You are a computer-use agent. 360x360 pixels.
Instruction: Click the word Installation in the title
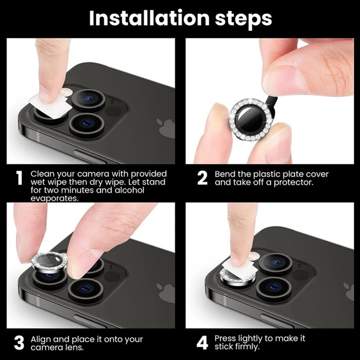click(149, 18)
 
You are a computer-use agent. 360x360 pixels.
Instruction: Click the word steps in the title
click(243, 19)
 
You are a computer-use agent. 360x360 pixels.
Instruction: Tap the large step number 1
click(20, 178)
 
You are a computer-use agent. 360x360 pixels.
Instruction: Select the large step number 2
click(202, 178)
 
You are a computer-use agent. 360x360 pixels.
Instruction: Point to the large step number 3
click(19, 343)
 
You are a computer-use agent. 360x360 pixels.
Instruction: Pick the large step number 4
click(202, 343)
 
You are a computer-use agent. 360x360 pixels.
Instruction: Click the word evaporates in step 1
click(54, 198)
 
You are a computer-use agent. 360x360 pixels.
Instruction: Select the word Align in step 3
click(41, 340)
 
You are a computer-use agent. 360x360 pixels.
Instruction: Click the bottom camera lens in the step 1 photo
click(87, 125)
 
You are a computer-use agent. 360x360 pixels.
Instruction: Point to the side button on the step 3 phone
click(90, 321)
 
